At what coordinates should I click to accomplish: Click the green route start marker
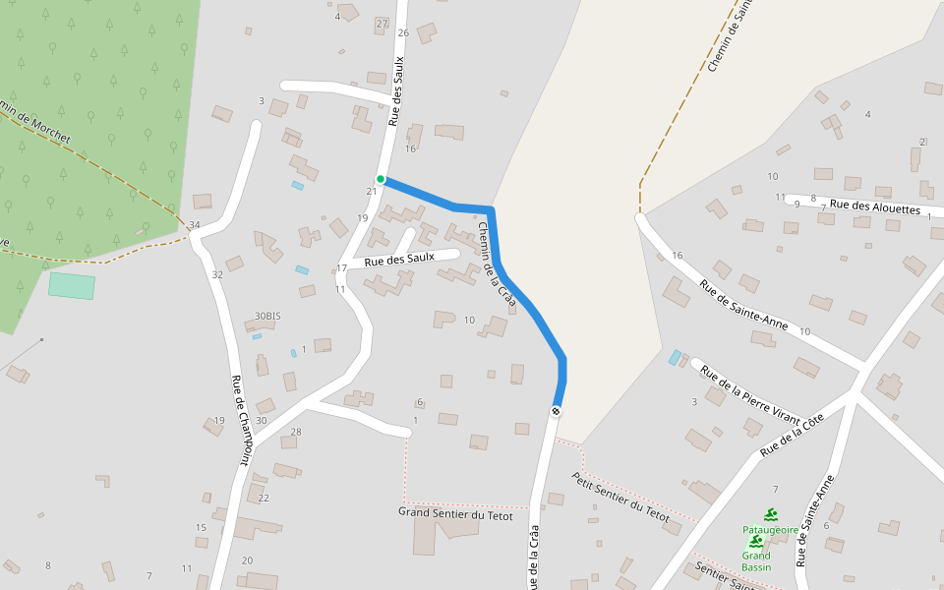(x=381, y=179)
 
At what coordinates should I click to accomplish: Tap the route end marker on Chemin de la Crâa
(x=557, y=410)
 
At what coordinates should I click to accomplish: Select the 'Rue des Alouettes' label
(x=874, y=207)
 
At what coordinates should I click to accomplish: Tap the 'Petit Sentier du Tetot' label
(x=620, y=497)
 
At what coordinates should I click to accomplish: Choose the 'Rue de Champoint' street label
(x=241, y=421)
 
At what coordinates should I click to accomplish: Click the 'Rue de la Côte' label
(x=791, y=436)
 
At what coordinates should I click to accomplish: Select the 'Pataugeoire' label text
(x=770, y=529)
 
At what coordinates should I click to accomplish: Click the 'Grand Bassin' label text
(x=756, y=561)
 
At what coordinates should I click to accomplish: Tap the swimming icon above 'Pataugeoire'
(x=771, y=514)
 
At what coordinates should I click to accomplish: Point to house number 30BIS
(x=267, y=316)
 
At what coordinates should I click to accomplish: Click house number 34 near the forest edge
(x=195, y=225)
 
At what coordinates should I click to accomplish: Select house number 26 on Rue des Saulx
(x=402, y=32)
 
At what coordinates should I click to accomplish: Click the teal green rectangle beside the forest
(x=72, y=286)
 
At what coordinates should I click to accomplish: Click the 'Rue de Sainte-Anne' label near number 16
(x=744, y=307)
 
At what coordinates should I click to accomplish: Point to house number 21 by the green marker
(x=371, y=191)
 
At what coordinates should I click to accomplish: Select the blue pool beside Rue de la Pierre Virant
(x=675, y=357)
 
